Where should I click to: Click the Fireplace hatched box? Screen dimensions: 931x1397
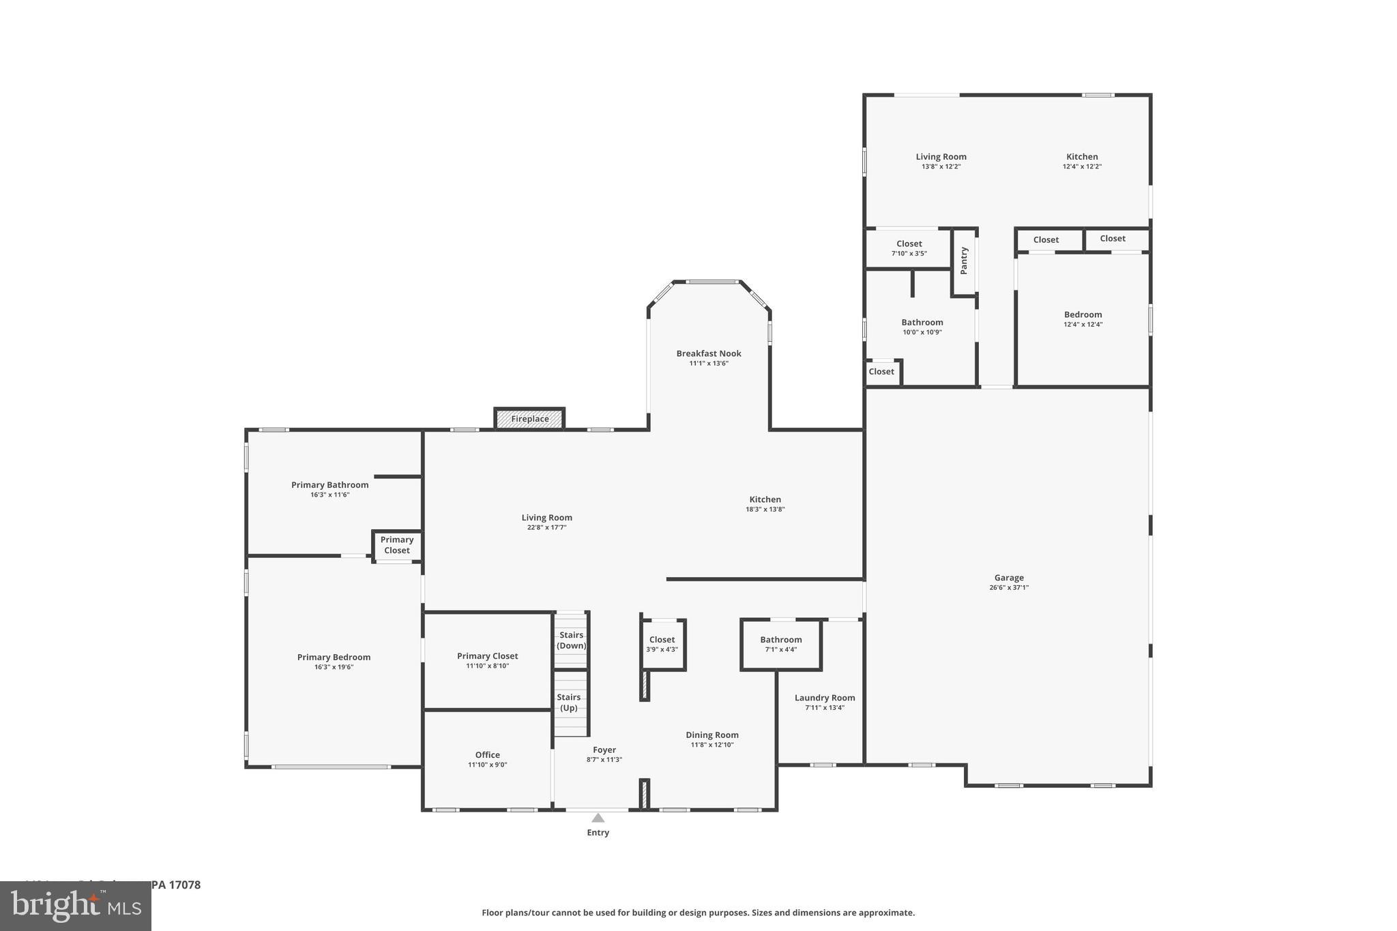529,419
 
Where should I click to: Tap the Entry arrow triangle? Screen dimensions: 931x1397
598,818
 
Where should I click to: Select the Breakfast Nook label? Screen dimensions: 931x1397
709,353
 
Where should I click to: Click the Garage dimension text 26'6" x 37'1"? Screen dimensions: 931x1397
1009,587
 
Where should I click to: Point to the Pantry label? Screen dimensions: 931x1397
964,261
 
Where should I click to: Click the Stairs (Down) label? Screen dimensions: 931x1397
571,640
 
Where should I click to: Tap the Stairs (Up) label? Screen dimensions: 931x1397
569,702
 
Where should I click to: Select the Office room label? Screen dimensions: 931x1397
487,754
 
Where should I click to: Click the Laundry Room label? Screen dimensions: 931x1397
825,698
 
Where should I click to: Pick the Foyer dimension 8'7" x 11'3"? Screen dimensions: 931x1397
604,760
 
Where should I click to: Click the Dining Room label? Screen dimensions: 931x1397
712,735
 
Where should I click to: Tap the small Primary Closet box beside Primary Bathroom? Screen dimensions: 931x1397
397,545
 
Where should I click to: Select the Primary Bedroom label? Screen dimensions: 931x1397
334,657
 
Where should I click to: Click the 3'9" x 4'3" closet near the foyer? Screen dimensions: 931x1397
662,644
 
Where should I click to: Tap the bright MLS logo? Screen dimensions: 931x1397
76,906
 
